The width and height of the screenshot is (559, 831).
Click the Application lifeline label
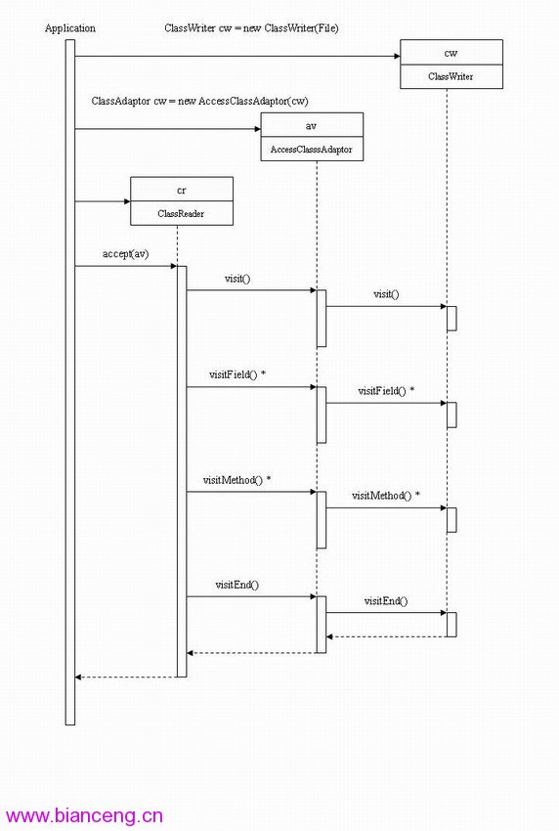click(70, 28)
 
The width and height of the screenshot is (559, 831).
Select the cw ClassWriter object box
click(451, 65)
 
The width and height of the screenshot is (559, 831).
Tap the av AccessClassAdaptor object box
click(312, 137)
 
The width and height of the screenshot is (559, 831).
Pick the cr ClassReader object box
click(181, 201)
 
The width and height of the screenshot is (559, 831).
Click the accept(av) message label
click(125, 254)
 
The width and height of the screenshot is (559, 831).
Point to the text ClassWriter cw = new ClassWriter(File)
click(251, 28)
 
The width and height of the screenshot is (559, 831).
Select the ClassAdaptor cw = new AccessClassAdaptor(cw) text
click(199, 101)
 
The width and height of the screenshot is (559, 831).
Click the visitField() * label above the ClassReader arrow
click(237, 374)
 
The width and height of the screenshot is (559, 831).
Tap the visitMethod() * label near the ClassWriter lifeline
click(386, 496)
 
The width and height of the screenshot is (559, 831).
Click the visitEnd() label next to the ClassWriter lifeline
click(386, 601)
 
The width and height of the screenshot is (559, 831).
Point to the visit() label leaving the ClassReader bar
click(237, 279)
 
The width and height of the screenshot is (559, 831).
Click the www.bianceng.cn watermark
click(84, 815)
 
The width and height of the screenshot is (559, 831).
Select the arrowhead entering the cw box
click(397, 56)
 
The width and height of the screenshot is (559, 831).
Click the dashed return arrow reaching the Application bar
click(125, 677)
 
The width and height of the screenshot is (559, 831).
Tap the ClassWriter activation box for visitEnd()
click(451, 625)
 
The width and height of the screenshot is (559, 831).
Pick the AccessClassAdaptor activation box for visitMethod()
click(322, 520)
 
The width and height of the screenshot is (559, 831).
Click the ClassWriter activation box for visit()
click(451, 319)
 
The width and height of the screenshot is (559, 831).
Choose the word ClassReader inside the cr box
click(181, 213)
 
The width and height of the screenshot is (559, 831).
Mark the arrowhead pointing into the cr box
click(127, 201)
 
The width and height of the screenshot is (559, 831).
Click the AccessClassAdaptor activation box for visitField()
click(322, 415)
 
